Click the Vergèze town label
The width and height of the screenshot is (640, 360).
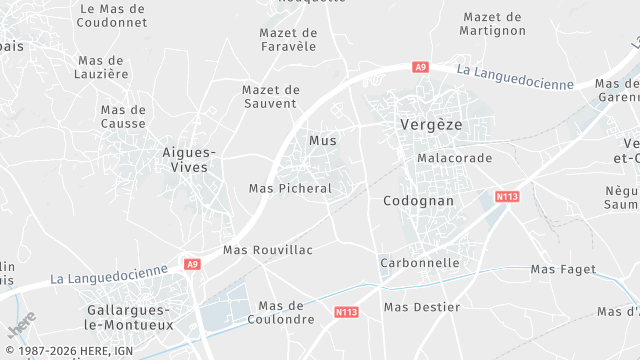430,125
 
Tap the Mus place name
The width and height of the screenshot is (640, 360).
323,140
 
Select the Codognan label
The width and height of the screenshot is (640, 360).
418,201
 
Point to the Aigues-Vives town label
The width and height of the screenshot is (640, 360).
189,160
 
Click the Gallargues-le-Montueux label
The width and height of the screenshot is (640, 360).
130,317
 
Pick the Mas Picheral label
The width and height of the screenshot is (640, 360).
289,188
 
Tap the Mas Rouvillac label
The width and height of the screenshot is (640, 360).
268,249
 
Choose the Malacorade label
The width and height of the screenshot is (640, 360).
455,159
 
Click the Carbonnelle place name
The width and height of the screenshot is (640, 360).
420,263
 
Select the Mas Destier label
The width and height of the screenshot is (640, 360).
422,307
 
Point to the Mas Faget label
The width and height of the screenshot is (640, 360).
563,269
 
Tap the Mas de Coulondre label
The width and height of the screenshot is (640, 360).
286,312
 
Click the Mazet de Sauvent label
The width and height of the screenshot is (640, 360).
270,96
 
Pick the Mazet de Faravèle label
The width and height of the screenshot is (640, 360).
287,39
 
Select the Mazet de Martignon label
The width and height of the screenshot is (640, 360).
492,24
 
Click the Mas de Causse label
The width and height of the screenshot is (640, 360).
123,117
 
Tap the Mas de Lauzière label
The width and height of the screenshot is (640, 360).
103,66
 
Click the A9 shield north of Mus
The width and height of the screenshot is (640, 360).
421,67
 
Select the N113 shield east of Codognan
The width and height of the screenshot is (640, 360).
507,196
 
